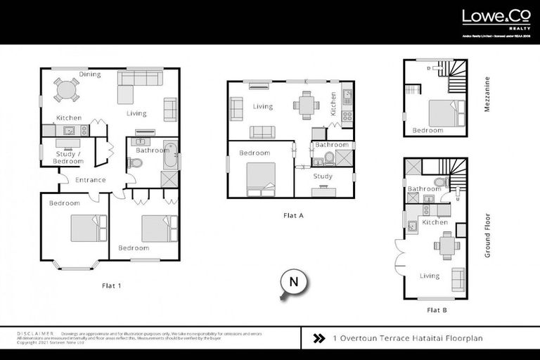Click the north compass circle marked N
294,283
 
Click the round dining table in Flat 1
66,90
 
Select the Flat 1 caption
112,286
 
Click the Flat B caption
436,309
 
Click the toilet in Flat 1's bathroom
135,163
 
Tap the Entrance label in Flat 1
91,180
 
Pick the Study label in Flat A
323,176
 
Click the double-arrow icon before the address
319,338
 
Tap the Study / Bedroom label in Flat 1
69,157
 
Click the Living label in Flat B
430,276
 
